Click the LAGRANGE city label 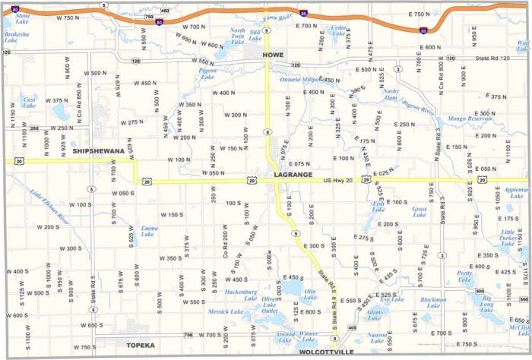click(293, 174)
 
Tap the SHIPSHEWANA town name click(98, 151)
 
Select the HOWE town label click(272, 55)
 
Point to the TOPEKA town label click(140, 346)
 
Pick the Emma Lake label click(149, 231)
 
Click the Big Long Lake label click(487, 305)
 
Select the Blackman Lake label click(433, 303)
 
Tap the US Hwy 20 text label click(339, 180)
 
